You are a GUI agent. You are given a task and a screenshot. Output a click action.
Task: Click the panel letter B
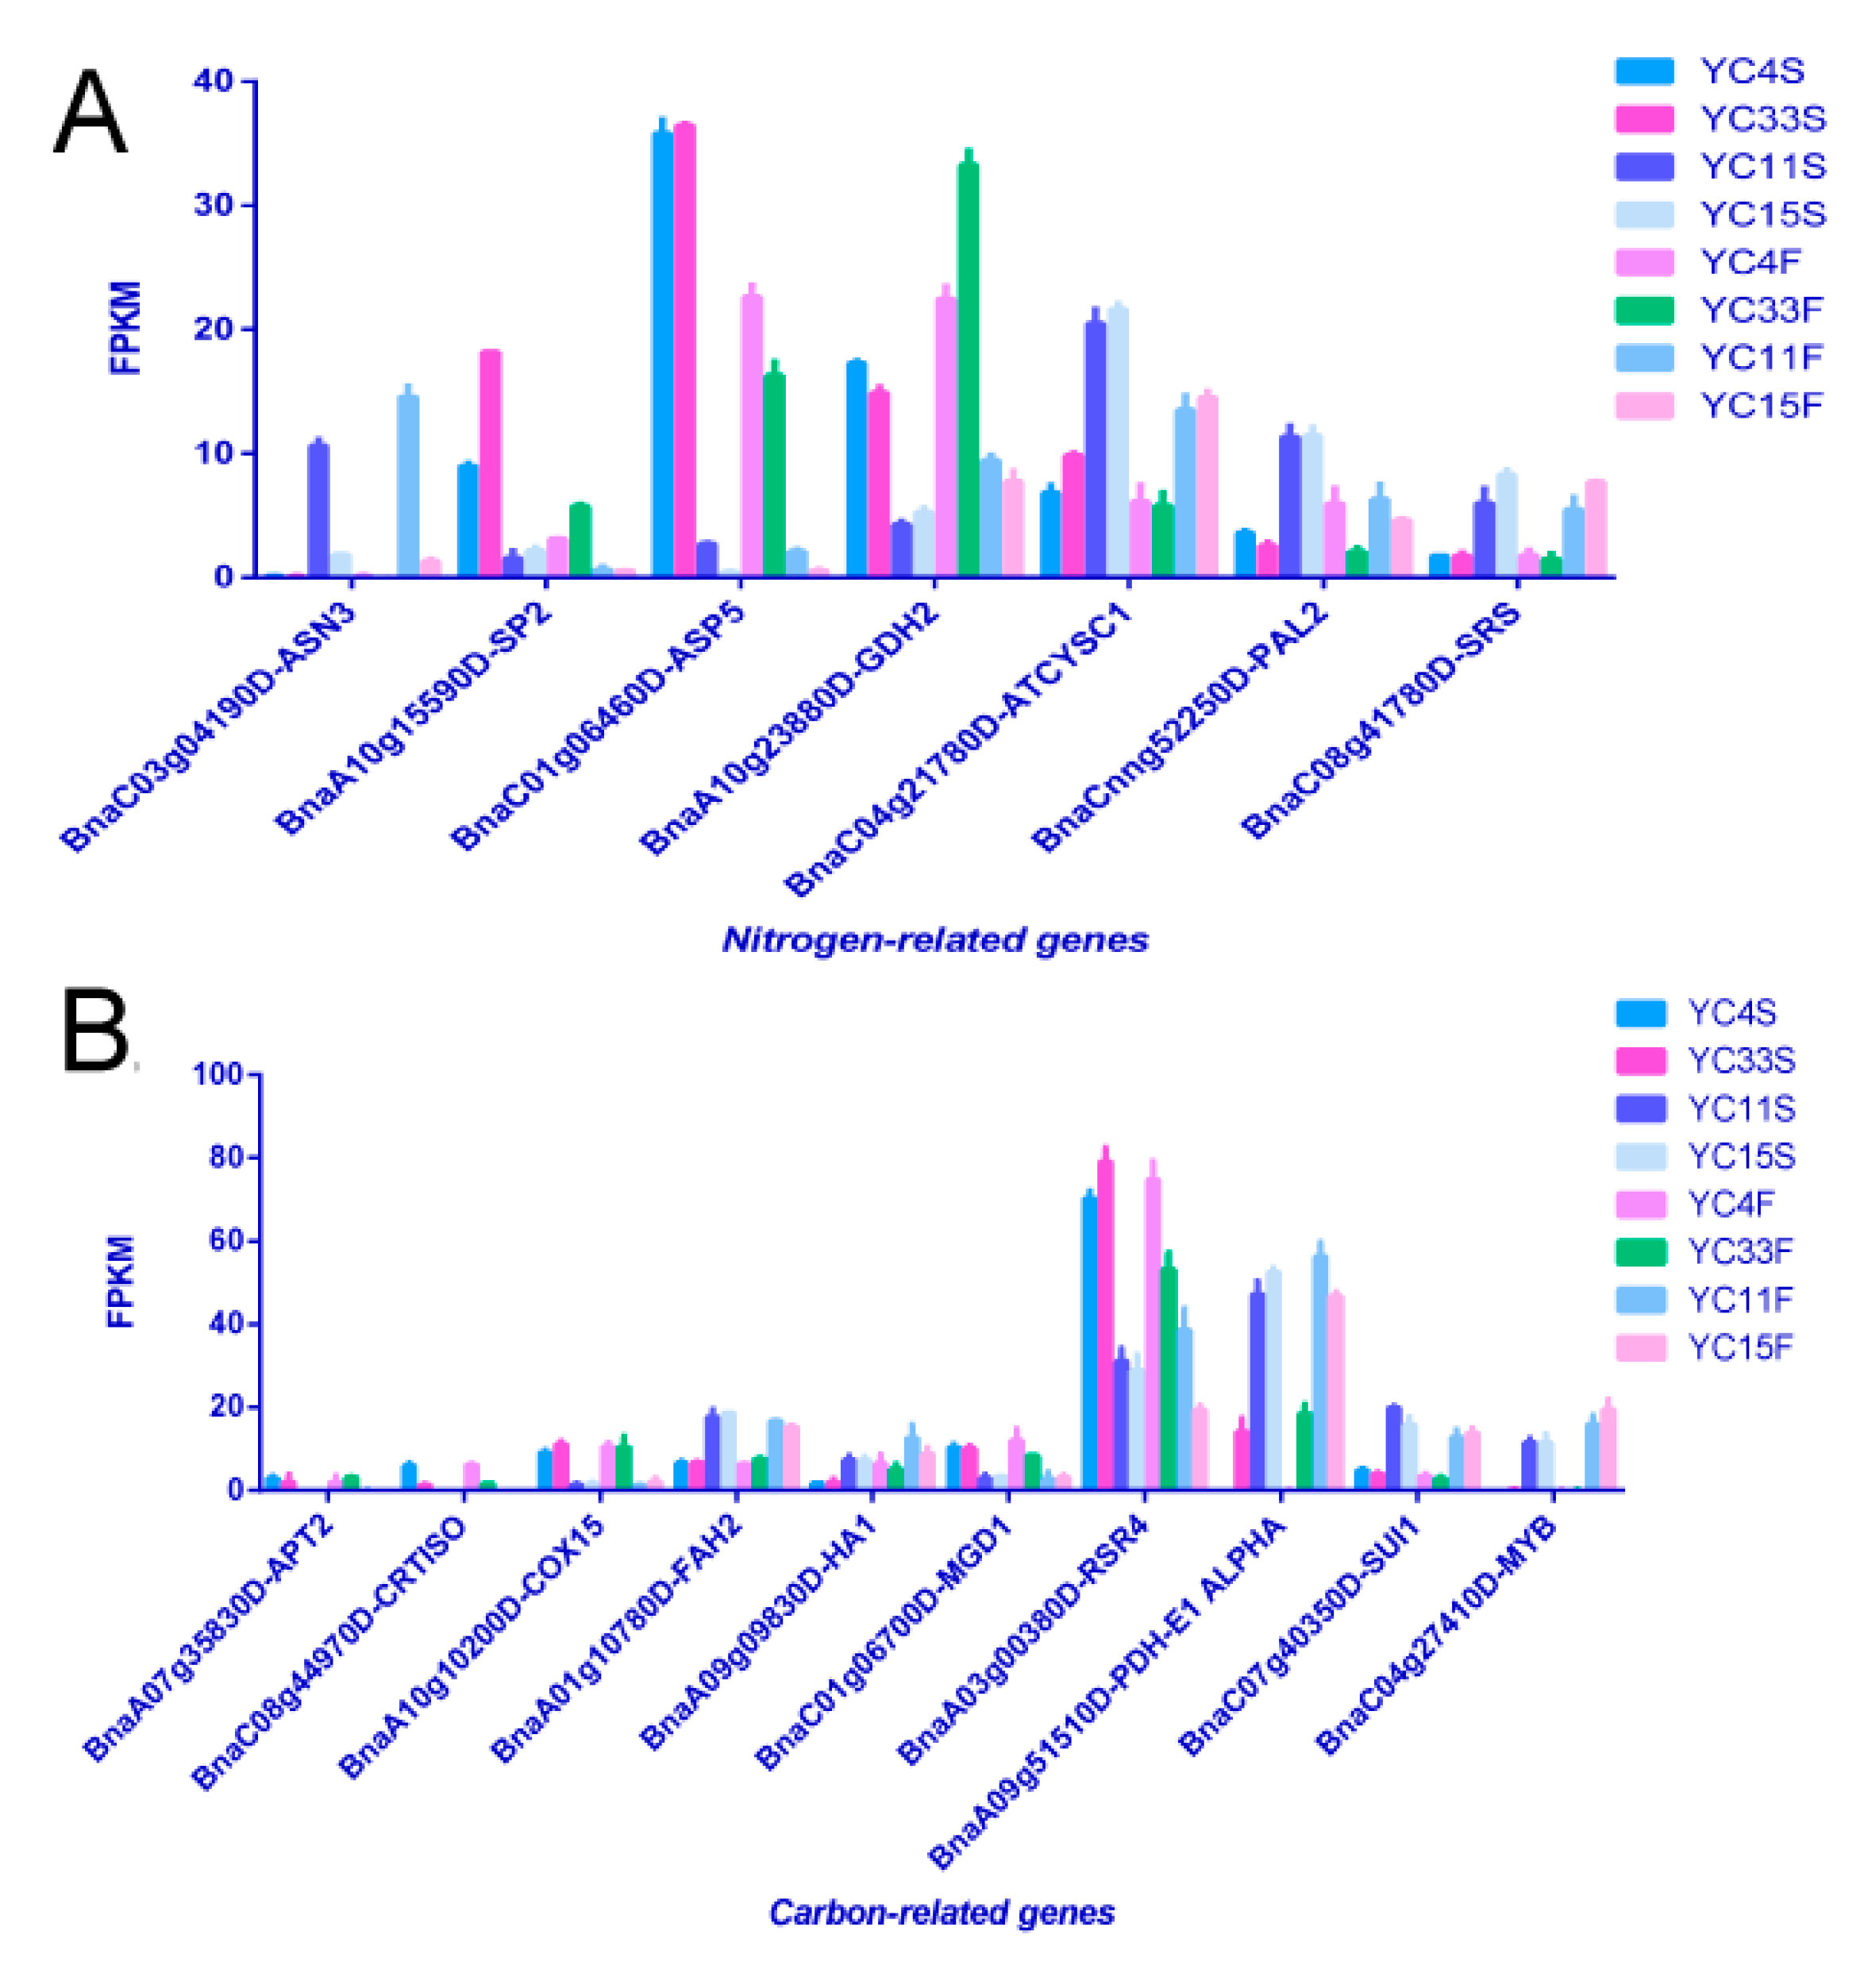[x=94, y=1031]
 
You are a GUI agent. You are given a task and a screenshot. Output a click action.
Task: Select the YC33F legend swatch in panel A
[x=1645, y=310]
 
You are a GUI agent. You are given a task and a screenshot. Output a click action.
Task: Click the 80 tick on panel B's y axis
[x=222, y=1158]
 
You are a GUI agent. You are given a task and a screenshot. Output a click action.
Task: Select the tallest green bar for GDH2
[x=968, y=368]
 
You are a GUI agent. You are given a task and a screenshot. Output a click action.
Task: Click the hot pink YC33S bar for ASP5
[x=684, y=349]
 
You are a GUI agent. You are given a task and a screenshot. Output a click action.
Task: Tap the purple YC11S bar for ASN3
[x=318, y=509]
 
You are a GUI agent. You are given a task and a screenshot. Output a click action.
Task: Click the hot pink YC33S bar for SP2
[x=490, y=464]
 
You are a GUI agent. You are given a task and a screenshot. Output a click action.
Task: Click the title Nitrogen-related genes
[x=934, y=939]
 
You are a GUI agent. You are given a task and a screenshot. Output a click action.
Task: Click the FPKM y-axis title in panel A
[x=125, y=328]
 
